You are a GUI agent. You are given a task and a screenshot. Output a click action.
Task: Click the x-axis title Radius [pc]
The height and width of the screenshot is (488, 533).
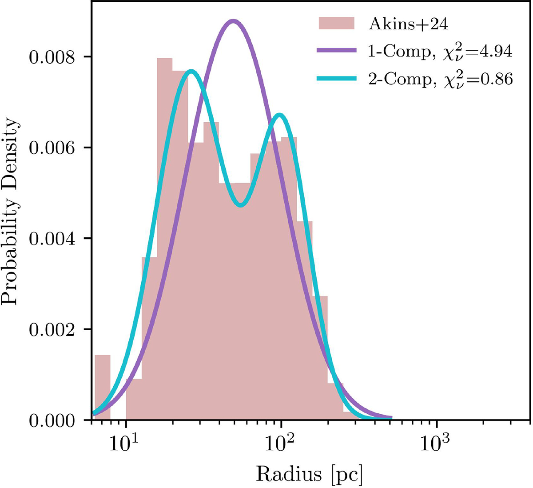[309, 474]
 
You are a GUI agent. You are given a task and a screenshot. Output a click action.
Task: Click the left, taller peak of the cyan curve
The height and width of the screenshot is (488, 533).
[191, 71]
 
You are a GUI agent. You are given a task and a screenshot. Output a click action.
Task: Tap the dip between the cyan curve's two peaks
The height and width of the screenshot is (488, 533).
[240, 205]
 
